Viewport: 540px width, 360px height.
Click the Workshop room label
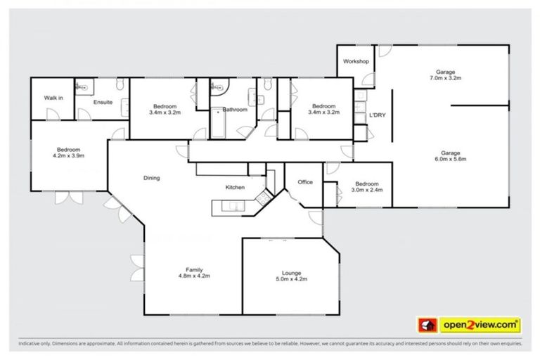click(x=356, y=62)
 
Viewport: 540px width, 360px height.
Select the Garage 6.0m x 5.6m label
click(x=450, y=157)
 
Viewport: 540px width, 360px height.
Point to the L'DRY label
click(x=378, y=115)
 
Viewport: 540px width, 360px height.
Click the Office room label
click(x=305, y=182)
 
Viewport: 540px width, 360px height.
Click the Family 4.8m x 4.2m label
click(x=194, y=273)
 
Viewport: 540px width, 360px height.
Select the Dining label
click(x=151, y=178)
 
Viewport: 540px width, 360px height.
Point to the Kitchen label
click(x=235, y=188)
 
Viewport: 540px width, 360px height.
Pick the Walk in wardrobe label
click(x=53, y=98)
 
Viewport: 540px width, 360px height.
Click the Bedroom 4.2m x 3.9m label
click(x=68, y=153)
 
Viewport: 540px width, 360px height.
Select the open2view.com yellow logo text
click(x=480, y=325)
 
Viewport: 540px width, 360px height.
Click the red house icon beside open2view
click(x=426, y=325)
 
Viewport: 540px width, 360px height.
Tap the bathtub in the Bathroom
click(x=217, y=124)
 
